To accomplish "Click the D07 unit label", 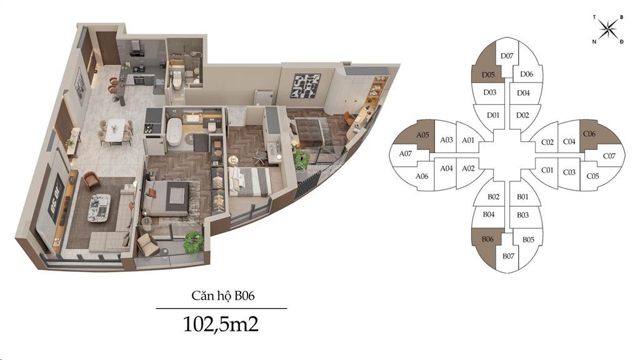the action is pos(506,56).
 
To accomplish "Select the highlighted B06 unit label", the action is pos(487,239).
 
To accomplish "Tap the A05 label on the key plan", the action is pos(422,135).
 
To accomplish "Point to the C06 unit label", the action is pos(589,134).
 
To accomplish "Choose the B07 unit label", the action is pos(508,256).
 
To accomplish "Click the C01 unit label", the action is pos(547,170).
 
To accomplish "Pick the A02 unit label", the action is pos(468,168).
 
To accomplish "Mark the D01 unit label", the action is pos(493,115).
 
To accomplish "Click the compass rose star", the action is pos(607,29).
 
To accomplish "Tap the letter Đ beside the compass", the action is pos(621,42).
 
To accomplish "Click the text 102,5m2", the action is pos(221,324).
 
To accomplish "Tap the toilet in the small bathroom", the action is pos(176,80).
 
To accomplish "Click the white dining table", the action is pos(115,131).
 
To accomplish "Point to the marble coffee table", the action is pos(99,207).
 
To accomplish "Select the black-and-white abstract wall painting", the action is pos(305,86).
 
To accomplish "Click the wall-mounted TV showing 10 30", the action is pos(55,199).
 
